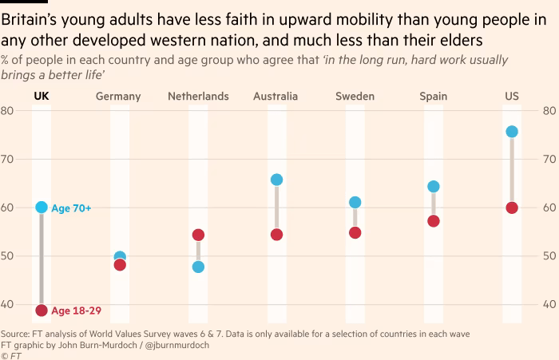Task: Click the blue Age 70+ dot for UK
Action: [x=42, y=208]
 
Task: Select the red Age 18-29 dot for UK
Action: [x=42, y=311]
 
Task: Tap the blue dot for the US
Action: [x=512, y=132]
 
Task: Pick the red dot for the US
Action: [x=512, y=208]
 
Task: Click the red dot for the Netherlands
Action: [x=198, y=235]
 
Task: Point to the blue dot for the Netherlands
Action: [x=198, y=267]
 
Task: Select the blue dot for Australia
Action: [x=276, y=180]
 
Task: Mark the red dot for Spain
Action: [x=434, y=221]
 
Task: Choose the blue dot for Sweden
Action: [x=355, y=202]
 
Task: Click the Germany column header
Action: [x=118, y=97]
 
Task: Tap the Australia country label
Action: [x=276, y=97]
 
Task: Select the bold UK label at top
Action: [x=42, y=97]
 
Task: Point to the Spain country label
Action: [x=434, y=97]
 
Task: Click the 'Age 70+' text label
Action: [x=71, y=208]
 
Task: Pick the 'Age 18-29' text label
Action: [x=76, y=311]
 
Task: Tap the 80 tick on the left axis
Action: [x=6, y=111]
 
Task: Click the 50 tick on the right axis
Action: [x=551, y=256]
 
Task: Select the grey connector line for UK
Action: [x=42, y=259]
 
